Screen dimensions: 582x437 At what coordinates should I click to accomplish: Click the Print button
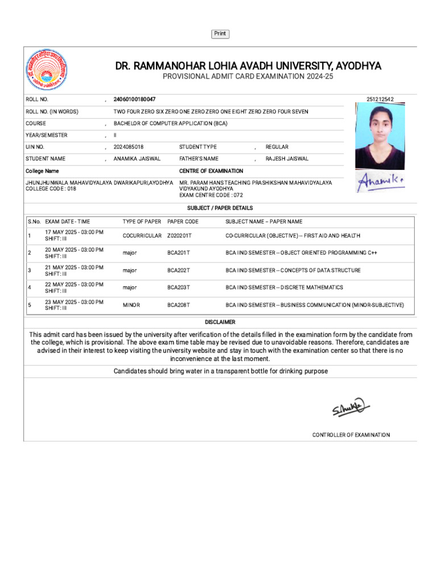click(220, 34)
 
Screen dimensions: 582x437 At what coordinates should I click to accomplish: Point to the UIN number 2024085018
click(129, 147)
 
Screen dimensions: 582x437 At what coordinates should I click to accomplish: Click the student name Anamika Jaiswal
click(137, 159)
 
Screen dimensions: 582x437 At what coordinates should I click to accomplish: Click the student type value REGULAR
click(277, 147)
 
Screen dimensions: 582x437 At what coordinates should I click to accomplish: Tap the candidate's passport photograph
click(380, 136)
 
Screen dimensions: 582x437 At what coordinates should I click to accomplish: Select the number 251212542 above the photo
click(380, 99)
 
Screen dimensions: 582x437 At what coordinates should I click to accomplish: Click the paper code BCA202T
click(179, 271)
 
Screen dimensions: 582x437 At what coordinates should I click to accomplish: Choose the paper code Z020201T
click(179, 236)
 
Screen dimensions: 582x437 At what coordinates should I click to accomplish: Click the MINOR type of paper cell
click(131, 305)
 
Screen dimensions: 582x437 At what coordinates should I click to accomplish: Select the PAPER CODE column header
click(183, 222)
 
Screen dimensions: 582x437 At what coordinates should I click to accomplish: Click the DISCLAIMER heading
click(220, 322)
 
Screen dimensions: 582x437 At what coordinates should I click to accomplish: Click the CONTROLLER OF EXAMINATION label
click(351, 435)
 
